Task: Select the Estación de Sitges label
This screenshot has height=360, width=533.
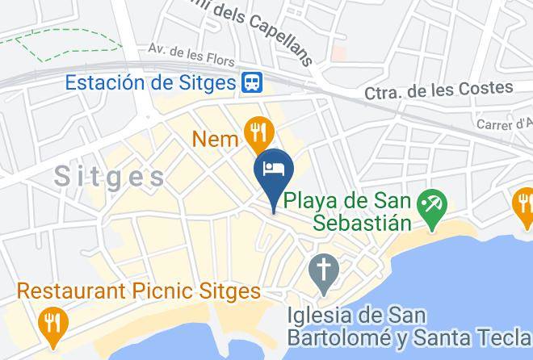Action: [x=150, y=82]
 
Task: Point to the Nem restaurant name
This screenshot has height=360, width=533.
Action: [x=215, y=139]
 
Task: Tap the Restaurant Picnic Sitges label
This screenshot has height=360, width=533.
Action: [x=139, y=291]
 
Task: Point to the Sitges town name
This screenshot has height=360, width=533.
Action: [x=110, y=177]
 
